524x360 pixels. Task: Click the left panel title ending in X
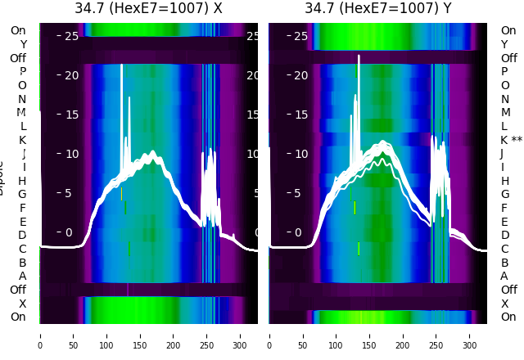(x=148, y=9)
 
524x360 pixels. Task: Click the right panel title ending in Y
(x=378, y=9)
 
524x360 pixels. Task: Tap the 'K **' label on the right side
(x=511, y=140)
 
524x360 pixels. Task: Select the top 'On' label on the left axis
(x=17, y=30)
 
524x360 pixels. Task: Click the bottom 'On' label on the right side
(x=508, y=317)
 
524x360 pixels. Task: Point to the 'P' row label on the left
(x=22, y=72)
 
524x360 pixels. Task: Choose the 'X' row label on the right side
(x=504, y=304)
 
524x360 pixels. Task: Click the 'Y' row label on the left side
(x=23, y=44)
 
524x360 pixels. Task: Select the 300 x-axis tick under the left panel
(x=241, y=335)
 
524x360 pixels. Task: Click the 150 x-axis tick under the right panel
(x=370, y=335)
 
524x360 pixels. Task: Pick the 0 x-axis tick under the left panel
(x=39, y=335)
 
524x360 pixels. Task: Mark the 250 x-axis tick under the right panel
(x=437, y=335)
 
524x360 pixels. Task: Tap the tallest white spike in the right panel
(x=359, y=57)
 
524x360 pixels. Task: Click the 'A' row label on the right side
(x=504, y=276)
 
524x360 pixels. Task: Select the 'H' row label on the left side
(x=22, y=181)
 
